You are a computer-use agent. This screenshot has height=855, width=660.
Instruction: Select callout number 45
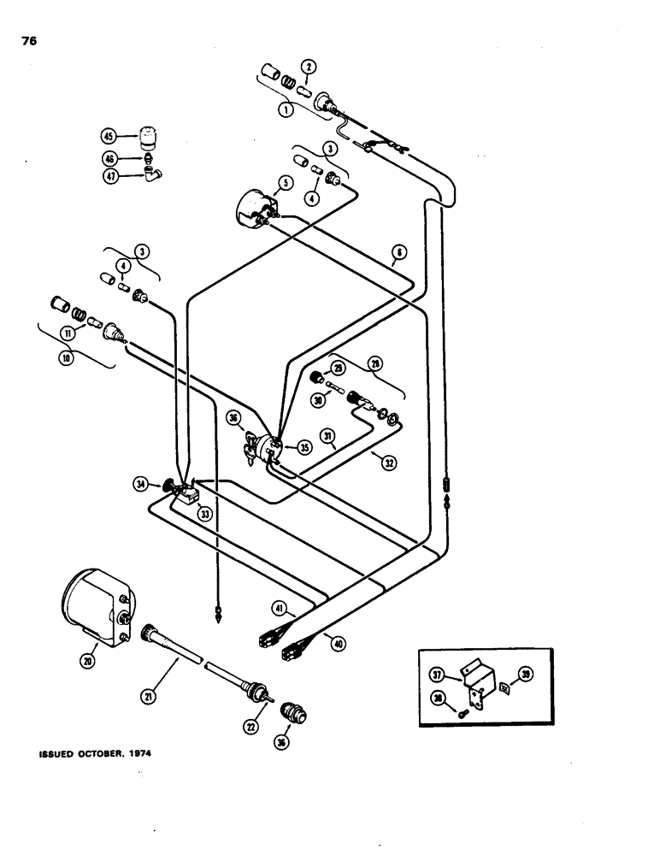click(108, 136)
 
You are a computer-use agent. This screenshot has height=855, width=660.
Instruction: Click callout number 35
click(303, 445)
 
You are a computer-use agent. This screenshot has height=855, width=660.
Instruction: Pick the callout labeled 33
click(204, 513)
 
